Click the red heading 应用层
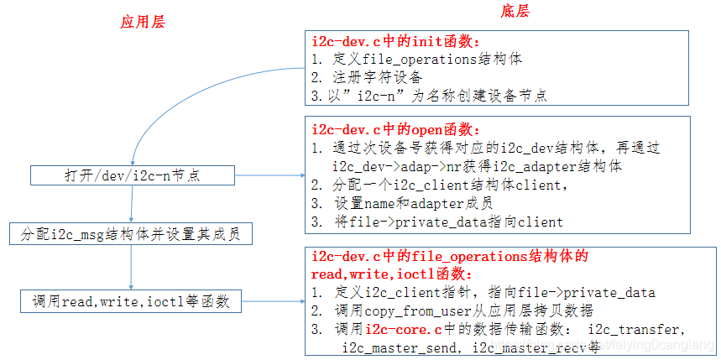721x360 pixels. coord(142,22)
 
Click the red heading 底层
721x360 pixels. coord(515,11)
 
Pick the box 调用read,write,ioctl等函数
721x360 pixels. coord(132,300)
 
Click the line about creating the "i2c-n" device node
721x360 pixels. coord(428,96)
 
